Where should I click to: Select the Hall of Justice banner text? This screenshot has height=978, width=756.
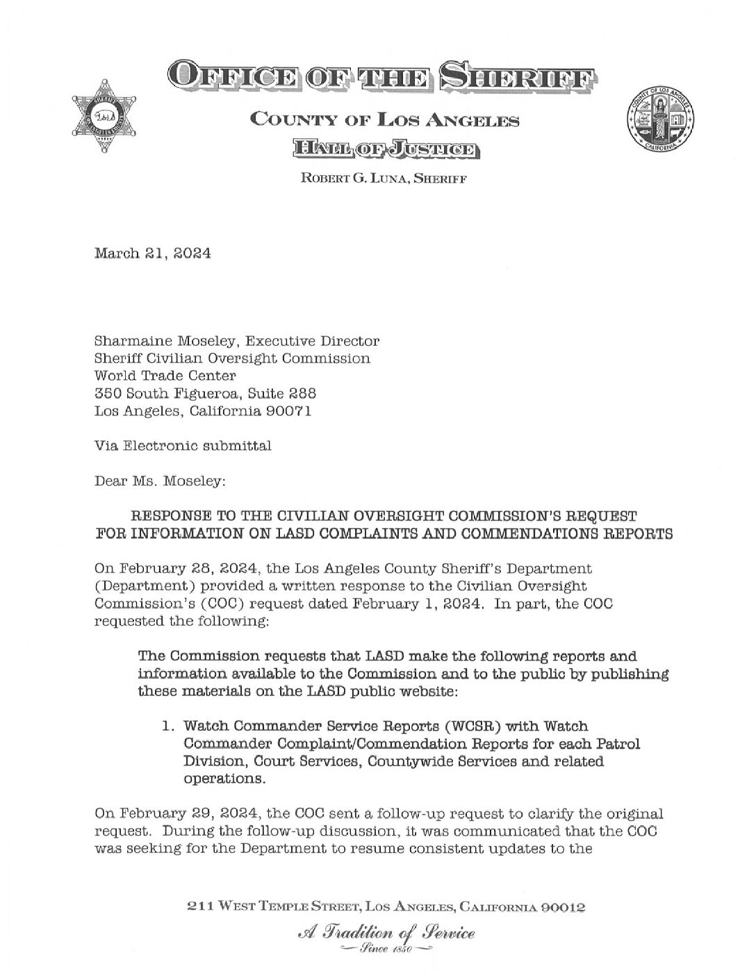384,148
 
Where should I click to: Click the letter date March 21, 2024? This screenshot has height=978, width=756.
152,254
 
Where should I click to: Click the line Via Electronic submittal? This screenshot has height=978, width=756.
183,445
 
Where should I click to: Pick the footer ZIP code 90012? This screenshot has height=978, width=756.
561,907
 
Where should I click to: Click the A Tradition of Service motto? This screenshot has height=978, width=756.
386,932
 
